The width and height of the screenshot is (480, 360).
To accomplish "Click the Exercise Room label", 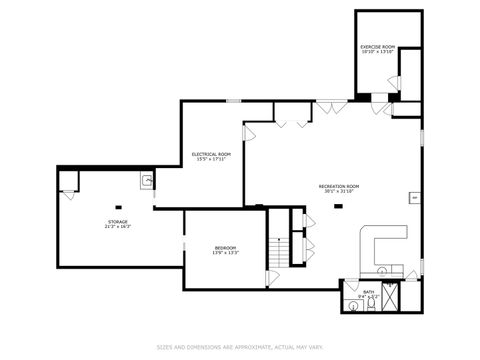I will tap(377, 49).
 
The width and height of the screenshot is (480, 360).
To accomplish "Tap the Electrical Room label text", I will tap(211, 155).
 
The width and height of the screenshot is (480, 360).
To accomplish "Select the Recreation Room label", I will tap(339, 189).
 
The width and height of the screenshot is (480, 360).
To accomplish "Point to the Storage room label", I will tap(117, 224).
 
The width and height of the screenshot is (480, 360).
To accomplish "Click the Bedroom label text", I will tap(225, 250).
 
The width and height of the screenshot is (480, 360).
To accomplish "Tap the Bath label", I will tap(369, 294).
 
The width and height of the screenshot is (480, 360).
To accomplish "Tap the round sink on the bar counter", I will tap(383, 271).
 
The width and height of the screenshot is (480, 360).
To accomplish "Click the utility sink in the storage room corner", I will tap(146, 181).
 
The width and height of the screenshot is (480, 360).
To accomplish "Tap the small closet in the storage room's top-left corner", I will tap(69, 182).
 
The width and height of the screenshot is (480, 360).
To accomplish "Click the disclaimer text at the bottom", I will tap(239, 348).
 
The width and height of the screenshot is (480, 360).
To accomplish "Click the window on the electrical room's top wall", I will tap(232, 100).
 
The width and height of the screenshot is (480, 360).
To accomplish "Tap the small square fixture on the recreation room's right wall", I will tap(414, 198).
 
